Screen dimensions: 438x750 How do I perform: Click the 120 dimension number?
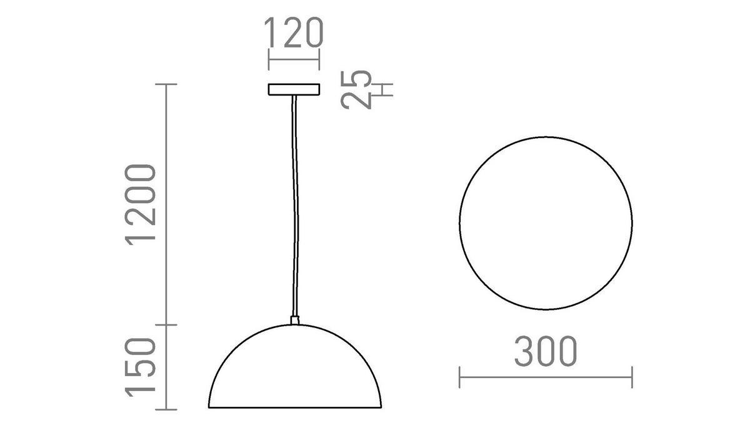294,34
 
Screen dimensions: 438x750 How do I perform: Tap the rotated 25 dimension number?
357,90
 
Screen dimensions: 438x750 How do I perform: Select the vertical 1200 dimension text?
141,204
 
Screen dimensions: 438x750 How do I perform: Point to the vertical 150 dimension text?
141,366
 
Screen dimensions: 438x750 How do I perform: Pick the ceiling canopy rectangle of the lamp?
294,90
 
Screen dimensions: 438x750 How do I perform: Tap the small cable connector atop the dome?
295,321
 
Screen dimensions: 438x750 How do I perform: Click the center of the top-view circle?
546,222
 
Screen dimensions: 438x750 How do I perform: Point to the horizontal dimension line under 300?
546,377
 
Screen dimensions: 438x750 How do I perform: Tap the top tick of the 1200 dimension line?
166,84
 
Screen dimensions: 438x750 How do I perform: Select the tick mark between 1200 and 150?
166,325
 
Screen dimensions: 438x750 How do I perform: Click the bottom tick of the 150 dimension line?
166,410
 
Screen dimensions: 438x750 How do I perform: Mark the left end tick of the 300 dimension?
460,377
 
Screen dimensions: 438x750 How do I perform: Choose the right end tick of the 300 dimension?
632,377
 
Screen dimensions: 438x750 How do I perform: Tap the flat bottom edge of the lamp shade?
294,409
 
